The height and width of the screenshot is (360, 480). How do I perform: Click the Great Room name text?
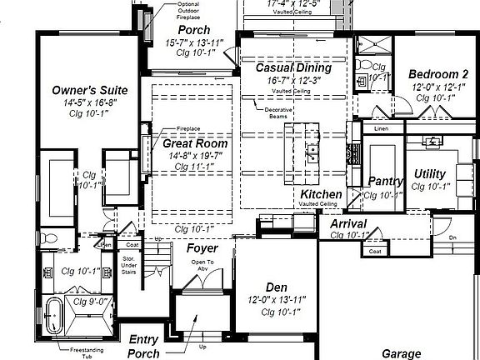tap(195, 143)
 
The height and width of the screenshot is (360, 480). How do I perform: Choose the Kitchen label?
tap(321, 193)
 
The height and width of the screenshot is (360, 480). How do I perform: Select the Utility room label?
tap(430, 174)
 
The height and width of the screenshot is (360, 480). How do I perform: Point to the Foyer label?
tap(202, 248)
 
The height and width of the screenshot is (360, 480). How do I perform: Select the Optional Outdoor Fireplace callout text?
tap(190, 9)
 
